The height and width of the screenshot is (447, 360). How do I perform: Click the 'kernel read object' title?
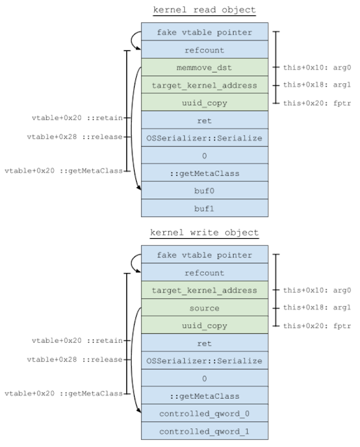(204, 10)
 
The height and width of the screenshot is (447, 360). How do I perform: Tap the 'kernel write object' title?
(204, 233)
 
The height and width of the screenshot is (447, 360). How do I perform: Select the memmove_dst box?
(204, 67)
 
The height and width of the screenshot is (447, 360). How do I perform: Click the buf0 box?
(204, 191)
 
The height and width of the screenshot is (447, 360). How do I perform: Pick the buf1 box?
(204, 208)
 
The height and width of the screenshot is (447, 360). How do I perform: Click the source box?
(204, 307)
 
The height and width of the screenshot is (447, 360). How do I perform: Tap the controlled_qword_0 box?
(204, 413)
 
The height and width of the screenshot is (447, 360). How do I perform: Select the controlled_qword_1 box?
(204, 431)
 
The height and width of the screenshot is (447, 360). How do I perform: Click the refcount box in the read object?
(204, 50)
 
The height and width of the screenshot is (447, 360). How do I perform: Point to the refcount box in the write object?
(204, 272)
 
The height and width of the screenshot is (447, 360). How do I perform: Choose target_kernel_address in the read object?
(204, 85)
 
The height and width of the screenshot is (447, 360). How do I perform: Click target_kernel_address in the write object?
(204, 290)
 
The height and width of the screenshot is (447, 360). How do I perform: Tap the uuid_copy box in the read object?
(204, 103)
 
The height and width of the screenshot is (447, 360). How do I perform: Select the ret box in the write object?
(204, 343)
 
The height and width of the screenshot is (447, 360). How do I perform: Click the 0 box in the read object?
(204, 155)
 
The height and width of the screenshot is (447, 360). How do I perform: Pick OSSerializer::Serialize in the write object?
(204, 360)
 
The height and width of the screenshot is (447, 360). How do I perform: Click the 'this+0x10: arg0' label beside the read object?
(317, 68)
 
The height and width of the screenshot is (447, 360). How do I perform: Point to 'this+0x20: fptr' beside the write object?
(317, 326)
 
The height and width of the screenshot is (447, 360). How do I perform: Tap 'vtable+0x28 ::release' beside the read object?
(75, 137)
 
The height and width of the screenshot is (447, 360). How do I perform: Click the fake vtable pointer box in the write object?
(204, 254)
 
